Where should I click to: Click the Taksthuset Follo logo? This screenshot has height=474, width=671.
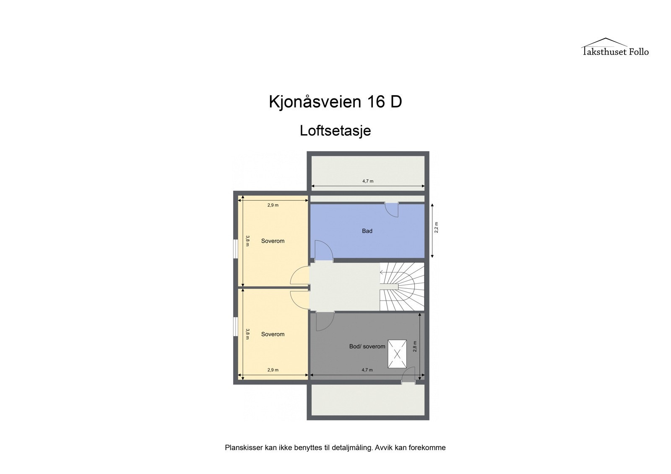(x=615, y=47)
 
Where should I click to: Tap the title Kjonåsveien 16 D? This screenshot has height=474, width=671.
(x=335, y=102)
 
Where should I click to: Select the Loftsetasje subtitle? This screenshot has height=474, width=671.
(x=335, y=131)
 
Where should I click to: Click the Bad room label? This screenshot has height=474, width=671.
(x=367, y=231)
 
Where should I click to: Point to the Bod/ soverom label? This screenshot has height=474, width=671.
(x=367, y=347)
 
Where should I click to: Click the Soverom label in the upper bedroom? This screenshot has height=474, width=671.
(x=273, y=241)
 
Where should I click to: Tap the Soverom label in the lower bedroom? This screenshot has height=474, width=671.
(x=273, y=334)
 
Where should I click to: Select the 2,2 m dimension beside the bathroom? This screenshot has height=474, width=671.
(x=436, y=227)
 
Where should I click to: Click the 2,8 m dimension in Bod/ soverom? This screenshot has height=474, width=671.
(x=415, y=346)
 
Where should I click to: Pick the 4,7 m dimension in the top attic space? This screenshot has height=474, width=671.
(x=368, y=181)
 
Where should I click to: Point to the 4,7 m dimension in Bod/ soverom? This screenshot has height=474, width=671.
(x=367, y=370)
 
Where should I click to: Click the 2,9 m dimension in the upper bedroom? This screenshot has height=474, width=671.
(x=273, y=205)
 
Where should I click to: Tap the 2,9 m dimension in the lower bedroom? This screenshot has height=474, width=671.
(x=273, y=370)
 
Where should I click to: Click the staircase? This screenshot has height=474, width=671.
(x=402, y=287)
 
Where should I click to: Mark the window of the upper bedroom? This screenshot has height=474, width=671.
(x=236, y=247)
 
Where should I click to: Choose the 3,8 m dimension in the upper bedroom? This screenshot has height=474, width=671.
(x=248, y=241)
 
